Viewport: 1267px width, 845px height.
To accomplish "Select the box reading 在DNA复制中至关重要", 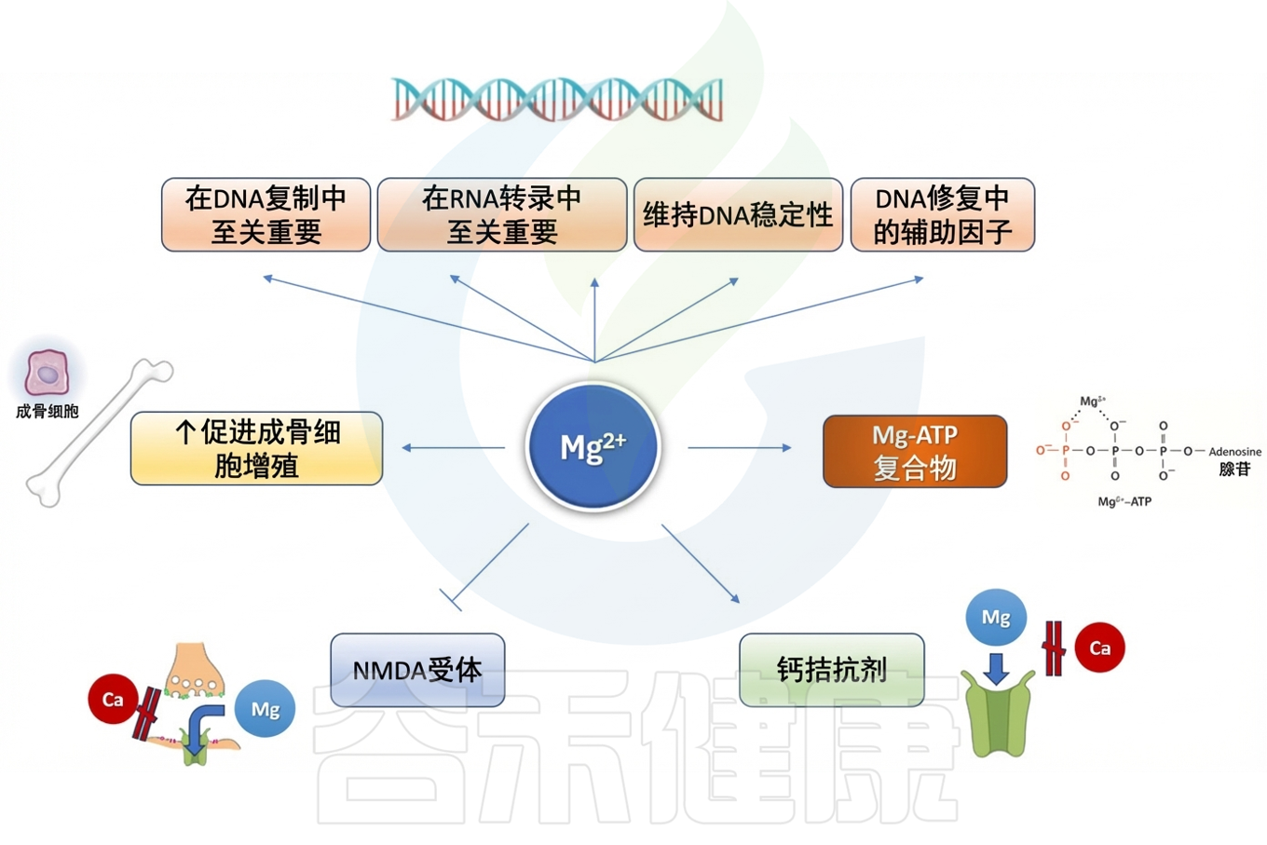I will (x=266, y=214).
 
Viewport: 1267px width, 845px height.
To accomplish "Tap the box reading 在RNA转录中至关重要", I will (x=501, y=214).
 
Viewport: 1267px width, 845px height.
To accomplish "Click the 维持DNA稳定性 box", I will (x=738, y=214).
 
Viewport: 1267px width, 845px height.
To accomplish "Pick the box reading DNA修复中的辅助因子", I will (x=942, y=214).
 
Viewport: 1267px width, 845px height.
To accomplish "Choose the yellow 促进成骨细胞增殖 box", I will (x=256, y=448).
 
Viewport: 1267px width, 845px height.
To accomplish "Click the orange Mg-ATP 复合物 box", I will (x=914, y=452).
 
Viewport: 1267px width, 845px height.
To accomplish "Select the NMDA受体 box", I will (x=416, y=670).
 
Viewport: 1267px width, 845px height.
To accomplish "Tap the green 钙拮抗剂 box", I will (x=831, y=670).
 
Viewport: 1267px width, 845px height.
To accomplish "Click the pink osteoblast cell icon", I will (x=47, y=374).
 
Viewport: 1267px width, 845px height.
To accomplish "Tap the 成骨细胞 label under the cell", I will (x=47, y=411).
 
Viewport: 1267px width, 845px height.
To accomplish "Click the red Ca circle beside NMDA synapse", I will (x=113, y=699).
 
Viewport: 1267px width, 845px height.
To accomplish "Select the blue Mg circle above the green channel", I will (x=995, y=618).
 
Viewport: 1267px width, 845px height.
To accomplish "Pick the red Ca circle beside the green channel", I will (x=1099, y=647).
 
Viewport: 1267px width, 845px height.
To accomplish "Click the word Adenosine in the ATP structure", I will (x=1234, y=452).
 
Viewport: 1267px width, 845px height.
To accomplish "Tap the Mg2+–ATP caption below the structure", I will (x=1124, y=501).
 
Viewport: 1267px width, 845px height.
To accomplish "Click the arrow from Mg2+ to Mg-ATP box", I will (x=739, y=448).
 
